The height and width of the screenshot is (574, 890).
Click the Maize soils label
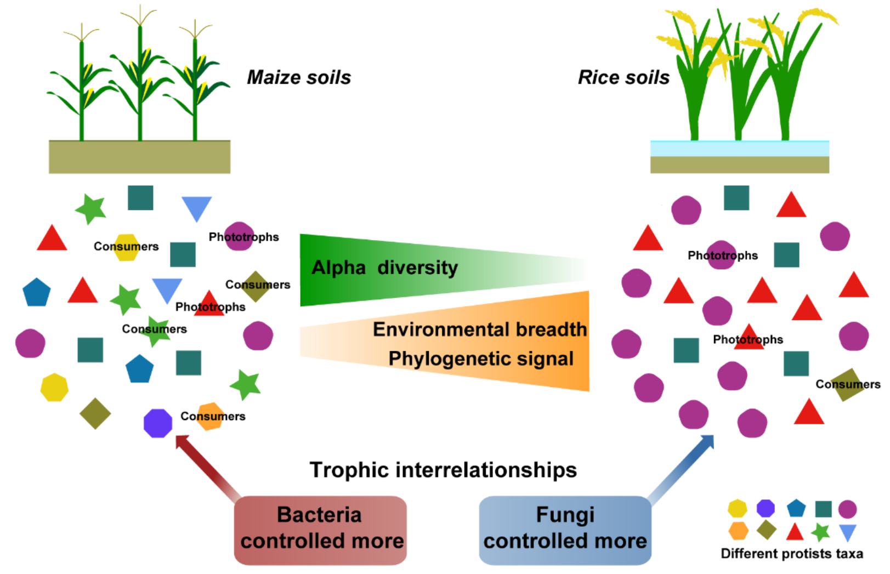(x=299, y=77)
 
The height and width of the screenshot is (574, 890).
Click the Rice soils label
(x=623, y=77)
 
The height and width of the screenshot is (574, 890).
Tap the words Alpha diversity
(x=384, y=268)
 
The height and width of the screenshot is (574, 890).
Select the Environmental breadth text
(x=479, y=329)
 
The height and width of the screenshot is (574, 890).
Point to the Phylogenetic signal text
(x=481, y=359)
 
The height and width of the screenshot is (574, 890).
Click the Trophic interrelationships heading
(x=443, y=470)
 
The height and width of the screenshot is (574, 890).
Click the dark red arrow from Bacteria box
(x=207, y=465)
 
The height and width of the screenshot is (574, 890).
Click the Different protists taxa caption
(x=791, y=554)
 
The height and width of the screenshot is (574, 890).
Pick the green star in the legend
(x=820, y=531)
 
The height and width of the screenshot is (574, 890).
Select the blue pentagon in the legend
(x=796, y=509)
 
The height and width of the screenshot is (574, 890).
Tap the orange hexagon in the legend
(x=738, y=531)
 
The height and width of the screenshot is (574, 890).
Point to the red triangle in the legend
(x=795, y=532)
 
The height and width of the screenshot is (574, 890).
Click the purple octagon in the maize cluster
(x=158, y=423)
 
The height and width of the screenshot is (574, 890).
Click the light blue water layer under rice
(x=739, y=149)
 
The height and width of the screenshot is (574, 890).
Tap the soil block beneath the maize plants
(x=139, y=157)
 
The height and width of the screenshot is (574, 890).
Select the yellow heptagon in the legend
(x=737, y=509)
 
